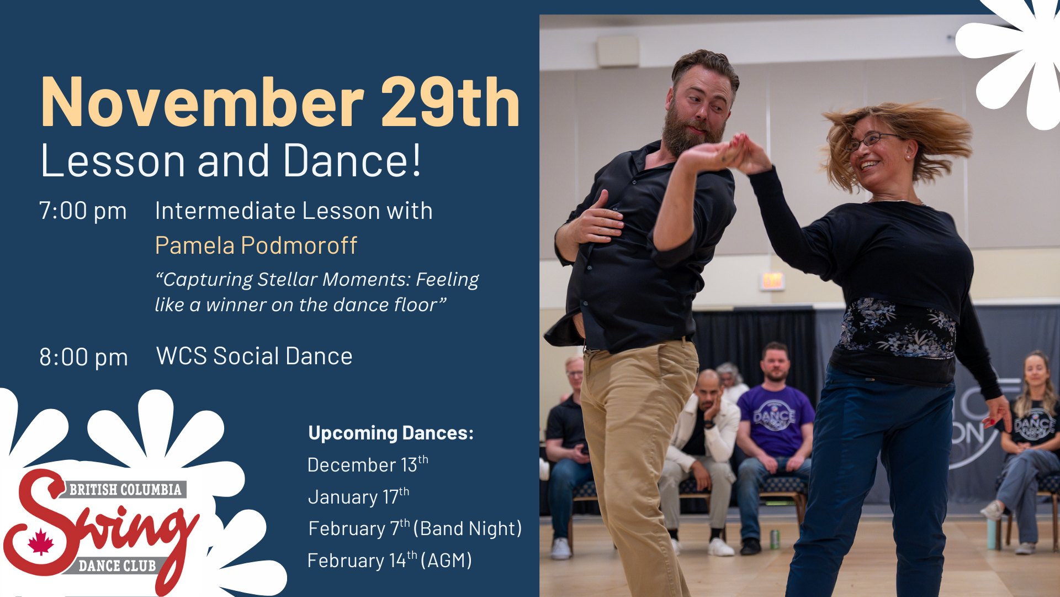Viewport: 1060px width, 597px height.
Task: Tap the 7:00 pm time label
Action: (x=83, y=212)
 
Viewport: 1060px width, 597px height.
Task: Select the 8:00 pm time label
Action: (x=83, y=358)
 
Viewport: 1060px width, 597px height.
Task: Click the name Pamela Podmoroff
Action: (x=256, y=245)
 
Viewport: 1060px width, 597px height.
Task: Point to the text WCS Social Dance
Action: (x=255, y=356)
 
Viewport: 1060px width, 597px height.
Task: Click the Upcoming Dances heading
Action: (x=391, y=433)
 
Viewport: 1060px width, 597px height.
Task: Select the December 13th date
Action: (x=368, y=464)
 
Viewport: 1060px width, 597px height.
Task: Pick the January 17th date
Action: (x=358, y=496)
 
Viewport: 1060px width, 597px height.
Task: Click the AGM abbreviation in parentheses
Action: (x=446, y=560)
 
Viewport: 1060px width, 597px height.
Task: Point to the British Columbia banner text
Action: (x=125, y=490)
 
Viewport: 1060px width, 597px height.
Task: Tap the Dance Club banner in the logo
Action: (x=117, y=565)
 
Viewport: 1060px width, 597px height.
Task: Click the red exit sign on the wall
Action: (x=772, y=281)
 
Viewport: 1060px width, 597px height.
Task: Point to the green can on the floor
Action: (x=775, y=539)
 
